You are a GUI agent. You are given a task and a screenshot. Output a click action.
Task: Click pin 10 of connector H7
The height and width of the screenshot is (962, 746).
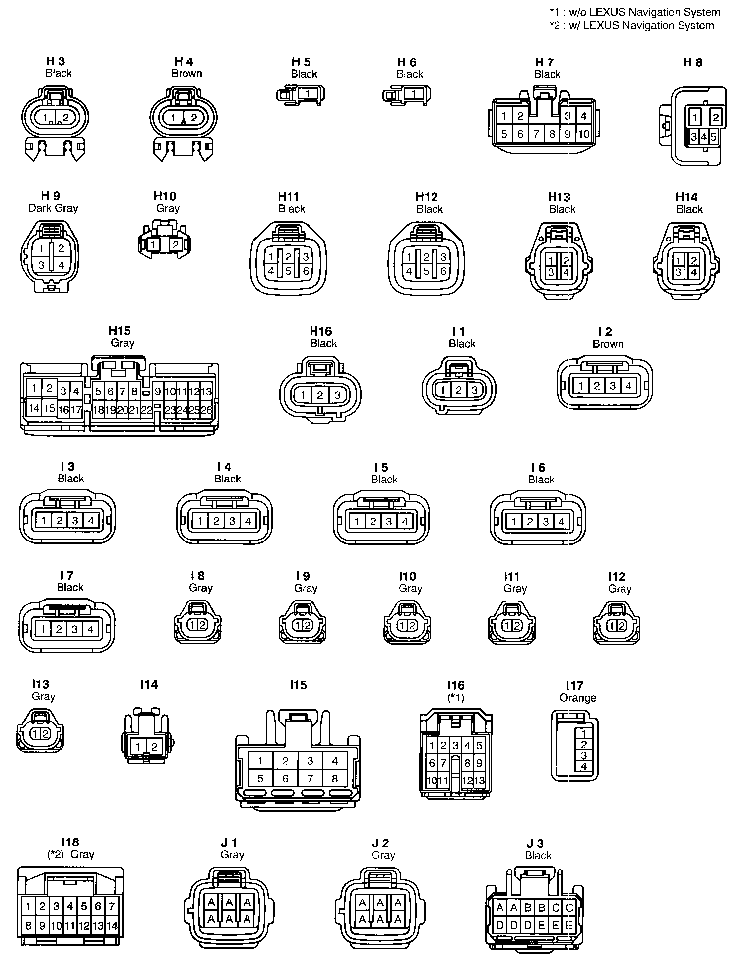click(584, 134)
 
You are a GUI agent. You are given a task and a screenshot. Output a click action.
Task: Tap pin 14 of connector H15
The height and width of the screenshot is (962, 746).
click(34, 408)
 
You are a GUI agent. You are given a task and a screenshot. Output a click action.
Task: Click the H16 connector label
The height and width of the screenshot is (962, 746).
click(320, 331)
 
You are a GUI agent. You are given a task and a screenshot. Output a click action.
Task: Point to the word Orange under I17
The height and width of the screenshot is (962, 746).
click(578, 698)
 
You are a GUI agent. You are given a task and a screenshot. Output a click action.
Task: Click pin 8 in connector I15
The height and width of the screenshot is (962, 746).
click(335, 778)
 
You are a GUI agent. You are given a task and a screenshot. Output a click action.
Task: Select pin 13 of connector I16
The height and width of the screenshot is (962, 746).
click(479, 780)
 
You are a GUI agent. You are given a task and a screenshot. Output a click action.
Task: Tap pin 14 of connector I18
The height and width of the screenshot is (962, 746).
click(112, 925)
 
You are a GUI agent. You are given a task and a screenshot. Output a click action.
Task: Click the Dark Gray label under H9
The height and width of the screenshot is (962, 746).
click(53, 208)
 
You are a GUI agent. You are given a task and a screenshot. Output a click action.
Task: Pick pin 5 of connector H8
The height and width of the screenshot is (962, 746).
click(713, 137)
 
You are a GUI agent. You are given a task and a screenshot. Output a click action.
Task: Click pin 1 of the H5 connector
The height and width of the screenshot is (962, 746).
click(308, 93)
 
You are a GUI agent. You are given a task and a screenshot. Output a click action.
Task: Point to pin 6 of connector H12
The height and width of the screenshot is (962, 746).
click(443, 271)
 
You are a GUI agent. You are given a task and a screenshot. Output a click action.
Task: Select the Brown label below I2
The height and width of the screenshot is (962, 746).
click(608, 344)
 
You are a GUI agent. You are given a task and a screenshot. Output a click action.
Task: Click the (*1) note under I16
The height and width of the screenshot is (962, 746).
click(456, 698)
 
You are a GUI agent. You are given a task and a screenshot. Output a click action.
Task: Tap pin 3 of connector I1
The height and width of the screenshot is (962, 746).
click(475, 390)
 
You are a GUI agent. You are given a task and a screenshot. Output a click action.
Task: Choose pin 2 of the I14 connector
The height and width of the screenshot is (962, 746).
click(154, 747)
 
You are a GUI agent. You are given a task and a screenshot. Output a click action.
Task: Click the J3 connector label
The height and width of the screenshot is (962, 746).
click(535, 843)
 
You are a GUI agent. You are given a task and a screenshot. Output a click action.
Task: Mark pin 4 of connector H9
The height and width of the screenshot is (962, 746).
click(61, 265)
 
